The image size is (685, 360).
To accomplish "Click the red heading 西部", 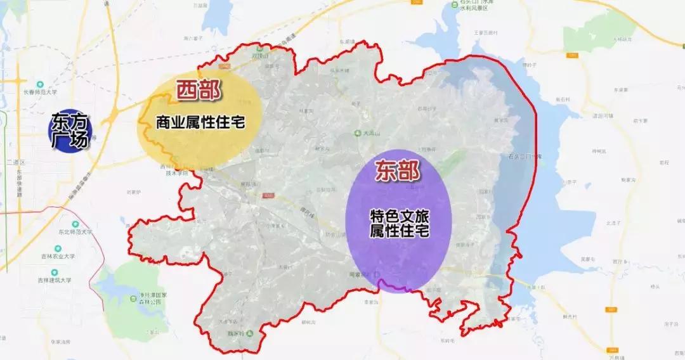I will coord(198,91).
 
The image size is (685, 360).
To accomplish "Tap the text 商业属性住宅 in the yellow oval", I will coord(200,122).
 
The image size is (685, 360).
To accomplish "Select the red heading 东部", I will coord(397,173).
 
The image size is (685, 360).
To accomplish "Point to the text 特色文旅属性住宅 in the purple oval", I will coord(399,224).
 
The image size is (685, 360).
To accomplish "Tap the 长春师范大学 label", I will coord(41,92).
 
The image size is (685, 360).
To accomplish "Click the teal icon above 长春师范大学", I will coord(41,84).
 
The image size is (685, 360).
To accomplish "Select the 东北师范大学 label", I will coord(75,232).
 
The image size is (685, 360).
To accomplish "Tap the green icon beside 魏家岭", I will coord(249,333).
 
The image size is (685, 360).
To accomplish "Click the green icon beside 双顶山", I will coord(259,48).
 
